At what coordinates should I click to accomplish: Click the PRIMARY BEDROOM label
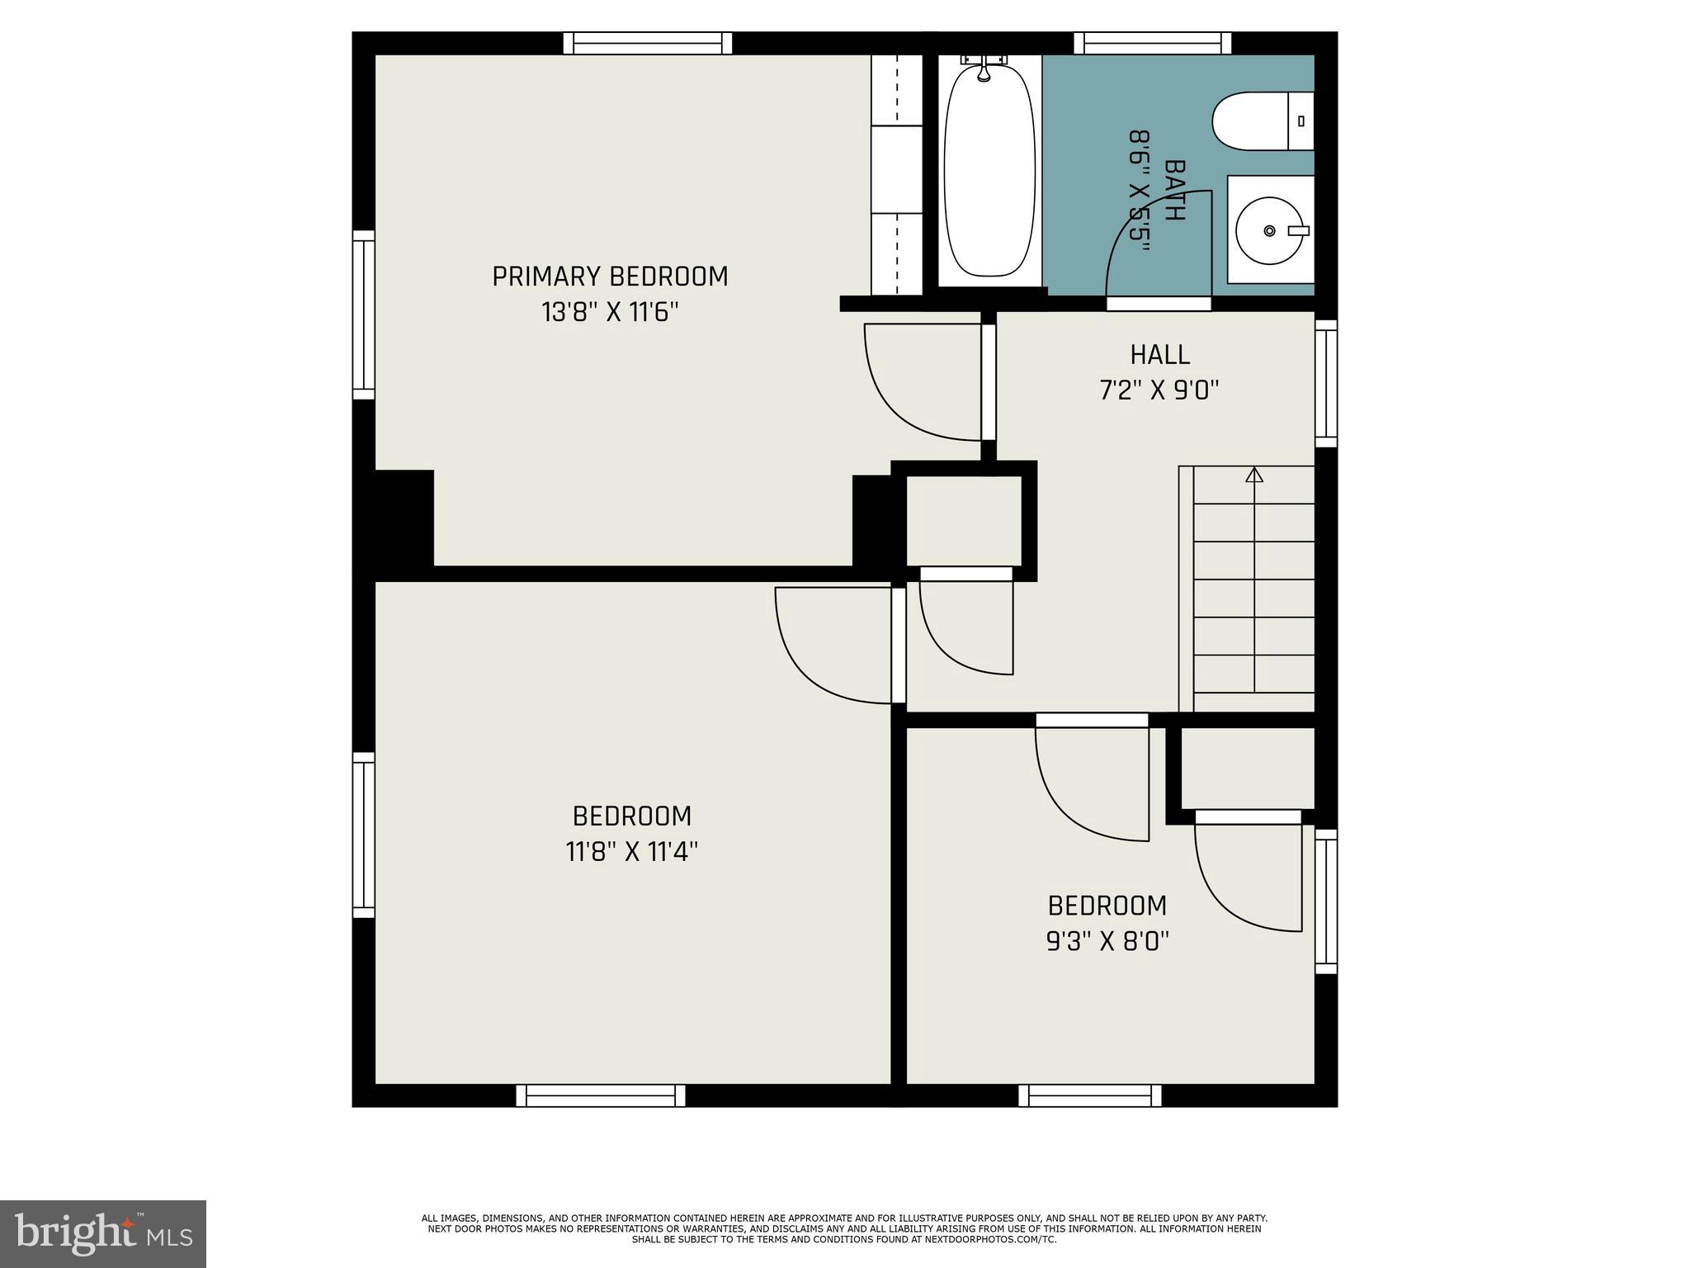point(610,277)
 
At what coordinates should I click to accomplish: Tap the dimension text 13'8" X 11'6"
point(610,313)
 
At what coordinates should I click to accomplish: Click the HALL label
point(1159,355)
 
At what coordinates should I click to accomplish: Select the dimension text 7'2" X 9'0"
point(1159,390)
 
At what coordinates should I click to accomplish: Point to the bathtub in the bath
point(989,173)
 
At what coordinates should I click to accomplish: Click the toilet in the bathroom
point(1261,121)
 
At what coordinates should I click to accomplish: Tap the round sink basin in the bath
point(1269,230)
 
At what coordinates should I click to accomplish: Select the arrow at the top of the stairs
point(1254,475)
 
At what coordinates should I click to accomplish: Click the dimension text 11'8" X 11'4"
point(632,851)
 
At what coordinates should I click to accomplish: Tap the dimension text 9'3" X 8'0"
point(1107,941)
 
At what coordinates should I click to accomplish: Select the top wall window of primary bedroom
point(648,43)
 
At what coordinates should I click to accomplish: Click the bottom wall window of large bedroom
point(601,1095)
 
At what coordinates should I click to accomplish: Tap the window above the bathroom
point(1152,43)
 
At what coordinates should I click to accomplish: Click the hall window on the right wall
point(1325,383)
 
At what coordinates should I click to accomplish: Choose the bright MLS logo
point(103,1233)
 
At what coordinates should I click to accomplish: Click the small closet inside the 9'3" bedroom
point(1247,769)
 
